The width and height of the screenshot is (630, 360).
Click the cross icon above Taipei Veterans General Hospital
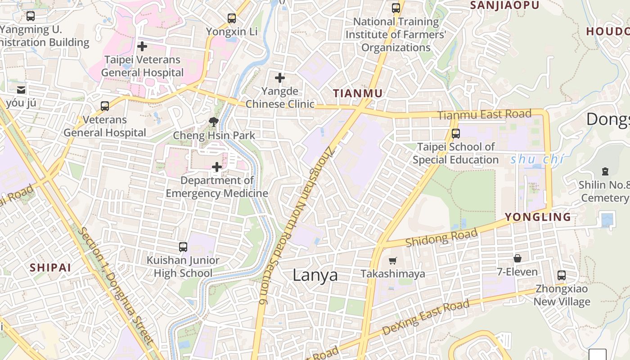(142, 46)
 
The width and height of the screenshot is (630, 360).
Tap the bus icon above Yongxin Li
(232, 18)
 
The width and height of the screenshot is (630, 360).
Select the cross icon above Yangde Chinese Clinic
(280, 78)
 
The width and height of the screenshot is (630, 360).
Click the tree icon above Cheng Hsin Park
(213, 121)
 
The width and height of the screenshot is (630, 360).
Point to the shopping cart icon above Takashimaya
(393, 261)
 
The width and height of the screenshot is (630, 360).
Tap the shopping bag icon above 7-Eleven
(517, 258)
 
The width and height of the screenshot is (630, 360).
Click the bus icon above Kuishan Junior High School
(183, 247)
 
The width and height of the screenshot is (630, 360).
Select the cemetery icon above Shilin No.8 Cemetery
(605, 171)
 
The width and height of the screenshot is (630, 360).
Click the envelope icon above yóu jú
(21, 90)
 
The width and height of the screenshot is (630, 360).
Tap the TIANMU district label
(358, 94)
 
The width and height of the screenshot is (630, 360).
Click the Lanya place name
(315, 275)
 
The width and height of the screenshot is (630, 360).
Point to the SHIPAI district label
(50, 267)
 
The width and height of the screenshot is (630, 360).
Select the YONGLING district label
(538, 217)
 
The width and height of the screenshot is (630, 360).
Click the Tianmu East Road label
(484, 115)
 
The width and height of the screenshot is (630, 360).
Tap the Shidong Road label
(441, 238)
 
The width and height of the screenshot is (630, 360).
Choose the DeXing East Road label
(425, 318)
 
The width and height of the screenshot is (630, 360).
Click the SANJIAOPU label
(504, 5)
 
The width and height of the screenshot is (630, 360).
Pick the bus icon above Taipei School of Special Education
(456, 134)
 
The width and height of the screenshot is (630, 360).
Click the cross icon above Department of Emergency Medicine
(217, 167)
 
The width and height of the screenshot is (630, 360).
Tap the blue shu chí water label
(537, 160)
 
